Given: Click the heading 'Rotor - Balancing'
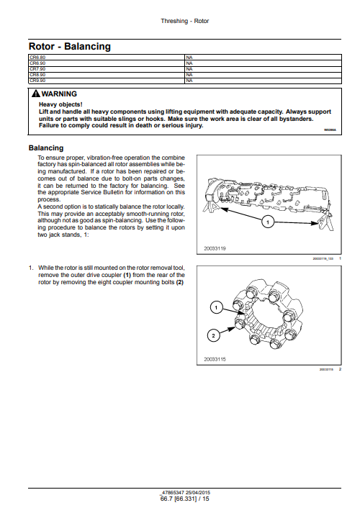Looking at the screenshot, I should [x=69, y=46].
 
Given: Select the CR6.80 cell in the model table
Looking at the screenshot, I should [x=37, y=56].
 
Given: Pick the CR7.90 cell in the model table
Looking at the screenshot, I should [x=37, y=68].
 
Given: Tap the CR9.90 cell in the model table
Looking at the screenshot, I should [x=37, y=81].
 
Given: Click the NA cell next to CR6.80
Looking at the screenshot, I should [x=189, y=56].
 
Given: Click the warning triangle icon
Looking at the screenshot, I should [x=35, y=94].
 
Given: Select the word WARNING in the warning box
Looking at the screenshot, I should [x=60, y=94].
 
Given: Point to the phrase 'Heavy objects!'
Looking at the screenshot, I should [x=60, y=104].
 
